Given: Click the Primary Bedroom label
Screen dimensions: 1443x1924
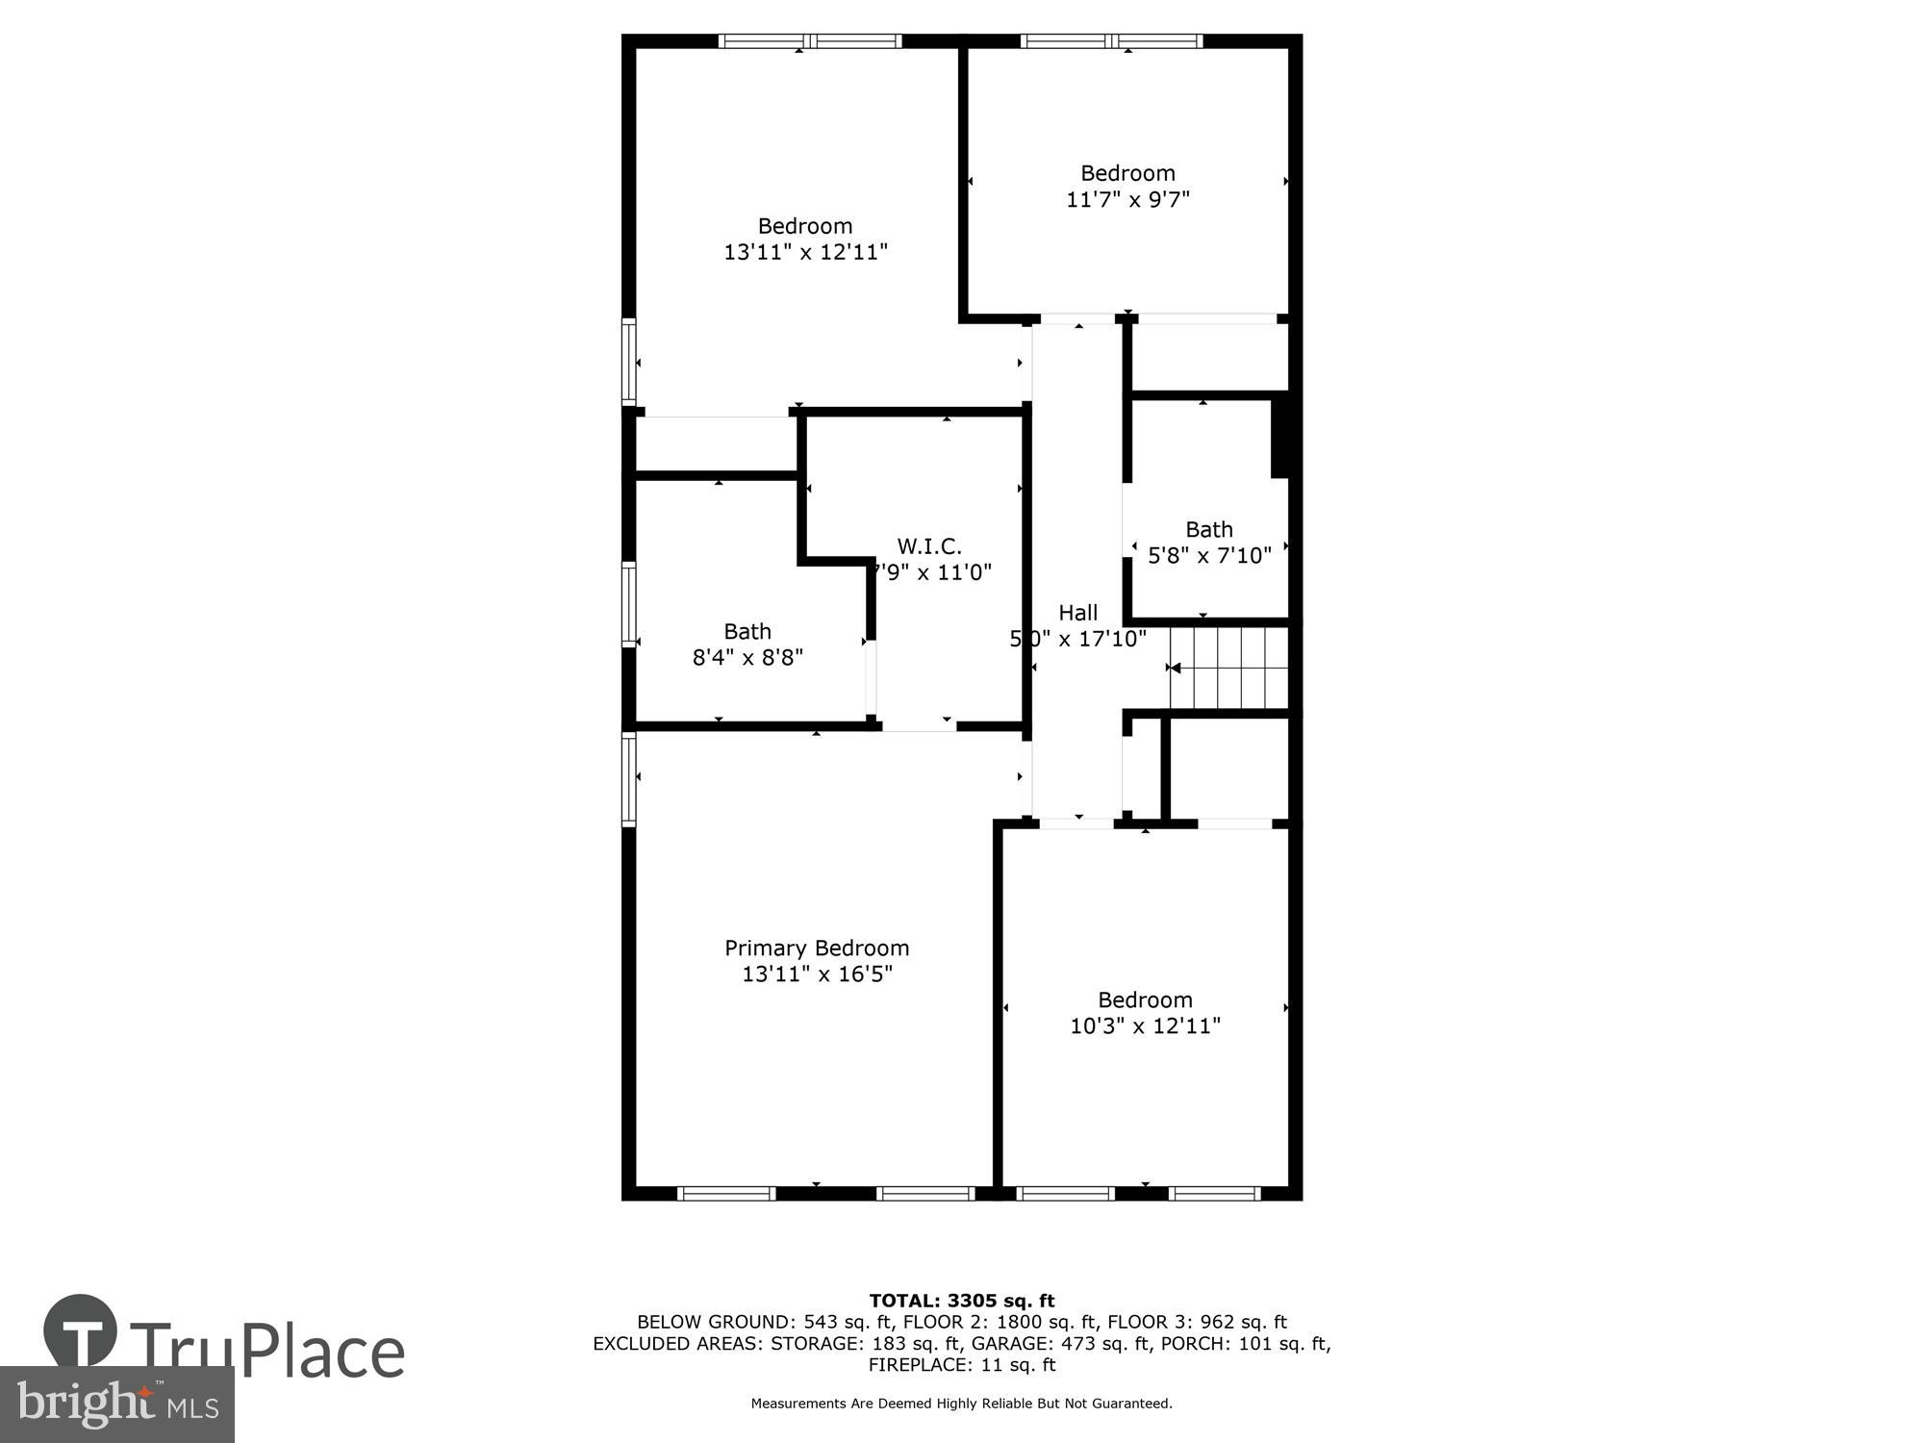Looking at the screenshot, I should pos(817,948).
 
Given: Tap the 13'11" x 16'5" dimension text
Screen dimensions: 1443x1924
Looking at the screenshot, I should pos(817,974).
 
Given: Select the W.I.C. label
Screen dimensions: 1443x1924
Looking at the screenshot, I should pos(929,546).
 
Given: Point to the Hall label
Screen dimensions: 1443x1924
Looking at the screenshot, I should pos(1077,613).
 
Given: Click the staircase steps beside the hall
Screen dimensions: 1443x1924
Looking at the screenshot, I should pos(1229,668).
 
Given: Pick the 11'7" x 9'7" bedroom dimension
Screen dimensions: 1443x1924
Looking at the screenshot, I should pos(1127,199).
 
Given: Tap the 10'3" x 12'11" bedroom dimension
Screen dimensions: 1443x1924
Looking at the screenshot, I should pos(1145,1025).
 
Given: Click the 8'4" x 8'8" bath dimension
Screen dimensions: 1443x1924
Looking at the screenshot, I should pos(747,657).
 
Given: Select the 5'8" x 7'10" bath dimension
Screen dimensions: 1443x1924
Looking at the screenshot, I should pos(1209,555).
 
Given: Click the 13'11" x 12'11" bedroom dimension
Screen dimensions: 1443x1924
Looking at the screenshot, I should pos(805,252).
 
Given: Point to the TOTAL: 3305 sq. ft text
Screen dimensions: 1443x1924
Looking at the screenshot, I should pos(962,1302).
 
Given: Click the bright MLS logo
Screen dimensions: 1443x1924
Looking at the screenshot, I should pos(116,1405).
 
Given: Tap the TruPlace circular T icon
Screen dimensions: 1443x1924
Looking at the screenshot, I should pos(81,1331).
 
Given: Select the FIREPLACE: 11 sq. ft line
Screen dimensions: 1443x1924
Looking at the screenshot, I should pos(962,1364).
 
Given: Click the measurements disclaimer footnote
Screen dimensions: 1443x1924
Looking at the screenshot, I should pos(962,1404).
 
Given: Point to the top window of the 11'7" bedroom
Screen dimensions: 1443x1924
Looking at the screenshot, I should pos(1111,41).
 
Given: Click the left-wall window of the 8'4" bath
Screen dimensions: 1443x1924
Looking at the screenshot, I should pos(629,603).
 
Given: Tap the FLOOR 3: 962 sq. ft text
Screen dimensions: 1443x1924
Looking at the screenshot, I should pos(1197,1322).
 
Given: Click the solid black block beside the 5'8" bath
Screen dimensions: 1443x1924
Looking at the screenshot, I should pos(1279,438).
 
